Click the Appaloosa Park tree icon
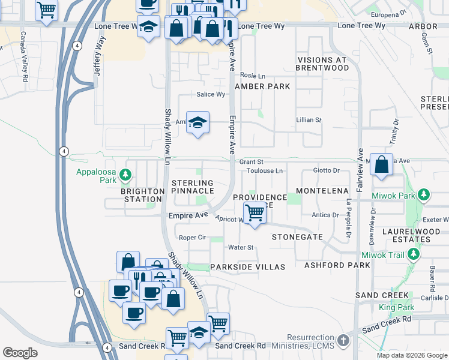(x=125, y=175)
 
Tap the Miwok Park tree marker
(x=424, y=194)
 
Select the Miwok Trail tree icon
(x=413, y=255)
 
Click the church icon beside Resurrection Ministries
(x=343, y=341)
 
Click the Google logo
(x=20, y=353)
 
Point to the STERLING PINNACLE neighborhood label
(x=192, y=187)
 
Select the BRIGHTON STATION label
(x=142, y=196)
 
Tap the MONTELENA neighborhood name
(x=322, y=190)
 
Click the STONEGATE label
(x=297, y=237)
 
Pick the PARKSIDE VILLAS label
(x=247, y=266)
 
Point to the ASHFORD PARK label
(x=333, y=265)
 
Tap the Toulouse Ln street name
(x=264, y=171)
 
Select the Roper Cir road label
(x=192, y=238)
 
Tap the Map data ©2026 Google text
(x=411, y=355)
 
